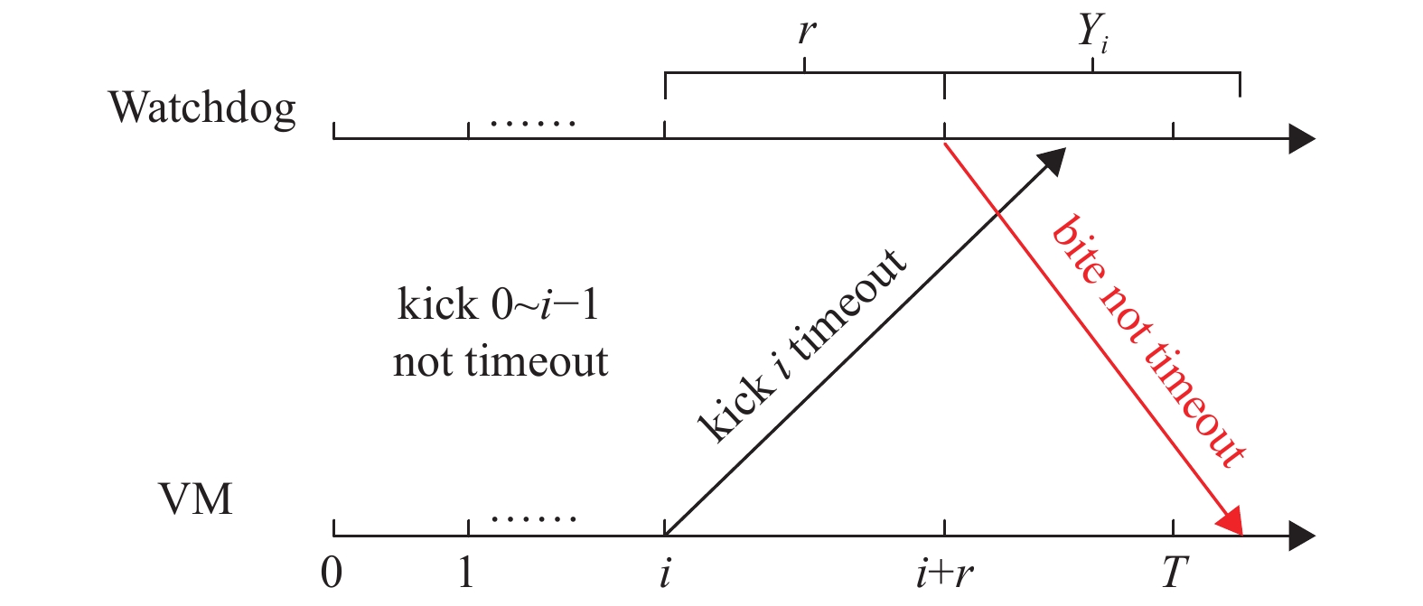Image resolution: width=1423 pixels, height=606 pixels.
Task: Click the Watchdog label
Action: pyautogui.click(x=202, y=108)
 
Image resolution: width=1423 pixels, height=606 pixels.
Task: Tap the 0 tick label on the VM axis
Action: pyautogui.click(x=332, y=573)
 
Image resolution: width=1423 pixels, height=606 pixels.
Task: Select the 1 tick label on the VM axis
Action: pyautogui.click(x=466, y=573)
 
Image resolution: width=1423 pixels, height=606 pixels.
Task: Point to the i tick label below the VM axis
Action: pyautogui.click(x=665, y=573)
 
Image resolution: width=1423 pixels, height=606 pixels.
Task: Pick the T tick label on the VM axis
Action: pyautogui.click(x=1174, y=573)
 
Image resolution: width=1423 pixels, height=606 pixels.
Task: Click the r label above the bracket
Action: pyautogui.click(x=806, y=33)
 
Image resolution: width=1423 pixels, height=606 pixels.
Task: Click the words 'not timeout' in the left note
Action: pyautogui.click(x=501, y=362)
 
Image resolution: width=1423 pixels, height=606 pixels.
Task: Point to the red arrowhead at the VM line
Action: pyautogui.click(x=1232, y=525)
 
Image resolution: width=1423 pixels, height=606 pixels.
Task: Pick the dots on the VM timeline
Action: pyautogui.click(x=533, y=518)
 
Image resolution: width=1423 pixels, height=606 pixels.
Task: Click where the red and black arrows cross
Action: pyautogui.click(x=997, y=213)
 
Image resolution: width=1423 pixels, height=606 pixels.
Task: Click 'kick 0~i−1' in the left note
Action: pyautogui.click(x=498, y=305)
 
